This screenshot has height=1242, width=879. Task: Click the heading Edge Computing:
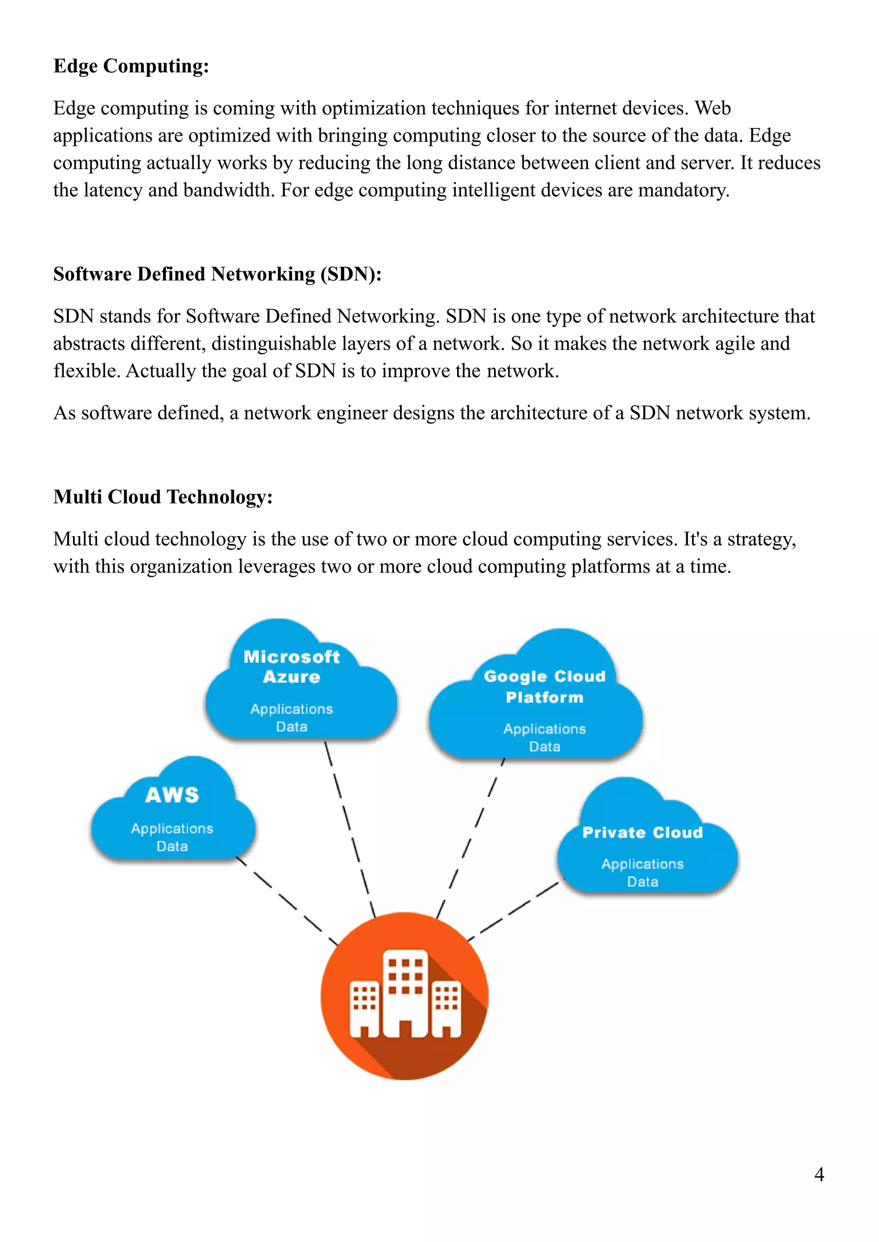(x=131, y=66)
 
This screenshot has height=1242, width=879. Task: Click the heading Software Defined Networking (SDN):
(x=217, y=274)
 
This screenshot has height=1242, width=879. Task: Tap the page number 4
(x=818, y=1174)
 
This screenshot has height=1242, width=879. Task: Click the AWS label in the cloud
(x=172, y=795)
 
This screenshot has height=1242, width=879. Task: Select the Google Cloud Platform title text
(x=545, y=686)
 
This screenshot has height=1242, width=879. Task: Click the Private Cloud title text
(x=643, y=832)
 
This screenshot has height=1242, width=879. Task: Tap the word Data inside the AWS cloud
(x=172, y=846)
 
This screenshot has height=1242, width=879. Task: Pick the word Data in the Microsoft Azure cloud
(x=292, y=726)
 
